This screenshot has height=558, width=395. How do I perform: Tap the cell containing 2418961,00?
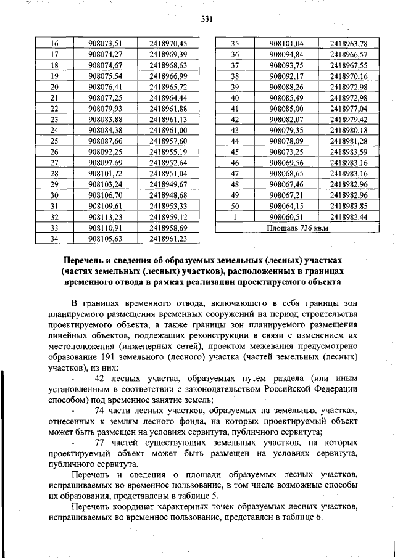click(168, 130)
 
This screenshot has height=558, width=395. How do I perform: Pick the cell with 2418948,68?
click(168, 195)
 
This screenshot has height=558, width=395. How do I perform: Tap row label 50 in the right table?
click(235, 206)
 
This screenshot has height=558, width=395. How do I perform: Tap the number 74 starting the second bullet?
click(102, 410)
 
